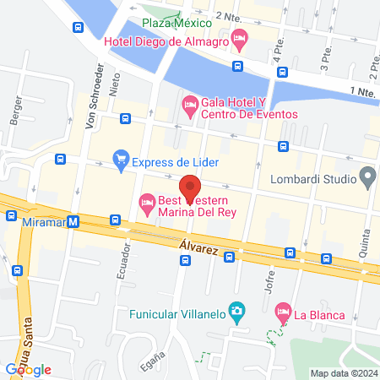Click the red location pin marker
point(190,187)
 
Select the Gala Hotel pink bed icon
point(189,106)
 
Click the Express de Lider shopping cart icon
point(122,157)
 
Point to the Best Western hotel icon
point(147,202)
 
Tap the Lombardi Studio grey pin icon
point(367,177)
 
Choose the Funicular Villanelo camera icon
point(237,312)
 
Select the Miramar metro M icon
point(73,221)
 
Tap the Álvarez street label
point(199,244)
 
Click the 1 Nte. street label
point(361,92)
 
